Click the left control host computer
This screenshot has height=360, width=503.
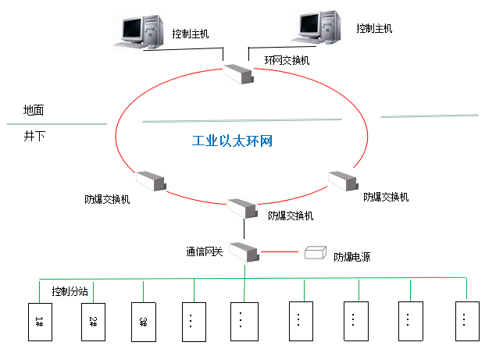[x=141, y=31]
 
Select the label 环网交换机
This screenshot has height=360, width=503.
[x=287, y=60]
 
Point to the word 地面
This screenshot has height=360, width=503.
[x=34, y=110]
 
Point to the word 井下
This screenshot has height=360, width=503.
[x=34, y=136]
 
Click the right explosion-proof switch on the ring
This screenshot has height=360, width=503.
[x=343, y=181]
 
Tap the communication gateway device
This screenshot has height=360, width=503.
[x=244, y=252]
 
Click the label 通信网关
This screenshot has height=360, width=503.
[x=205, y=251]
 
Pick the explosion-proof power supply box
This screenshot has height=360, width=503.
[x=316, y=252]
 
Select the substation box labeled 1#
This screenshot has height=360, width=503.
[x=39, y=320]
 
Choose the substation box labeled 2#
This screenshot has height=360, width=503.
[x=93, y=320]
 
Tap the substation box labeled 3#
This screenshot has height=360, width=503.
[x=143, y=320]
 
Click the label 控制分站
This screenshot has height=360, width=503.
[x=70, y=291]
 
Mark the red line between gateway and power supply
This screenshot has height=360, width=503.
[x=281, y=252]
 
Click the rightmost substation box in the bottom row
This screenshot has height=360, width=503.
[x=466, y=320]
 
